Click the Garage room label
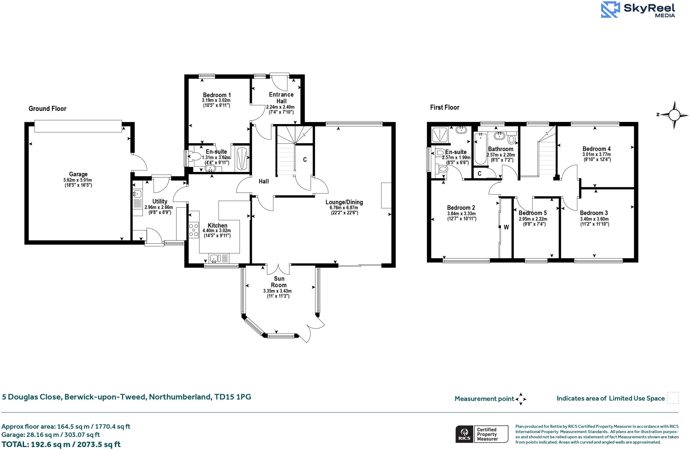coord(78,174)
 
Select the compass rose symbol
coord(674,115)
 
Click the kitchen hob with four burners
coord(194,230)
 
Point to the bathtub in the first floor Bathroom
coord(480,148)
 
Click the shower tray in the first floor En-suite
coord(440,134)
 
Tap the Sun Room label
coord(279,282)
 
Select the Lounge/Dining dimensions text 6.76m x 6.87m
coord(344,208)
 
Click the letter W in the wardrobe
coord(506,227)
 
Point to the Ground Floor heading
coord(48,109)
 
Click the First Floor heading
coord(445,107)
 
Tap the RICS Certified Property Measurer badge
coord(482,434)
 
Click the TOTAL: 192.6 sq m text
coord(61,444)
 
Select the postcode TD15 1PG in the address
coord(233,397)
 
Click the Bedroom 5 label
coord(533,213)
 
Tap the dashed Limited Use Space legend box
coord(673,398)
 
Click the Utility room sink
coord(137,193)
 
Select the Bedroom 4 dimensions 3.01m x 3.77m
coord(596,154)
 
